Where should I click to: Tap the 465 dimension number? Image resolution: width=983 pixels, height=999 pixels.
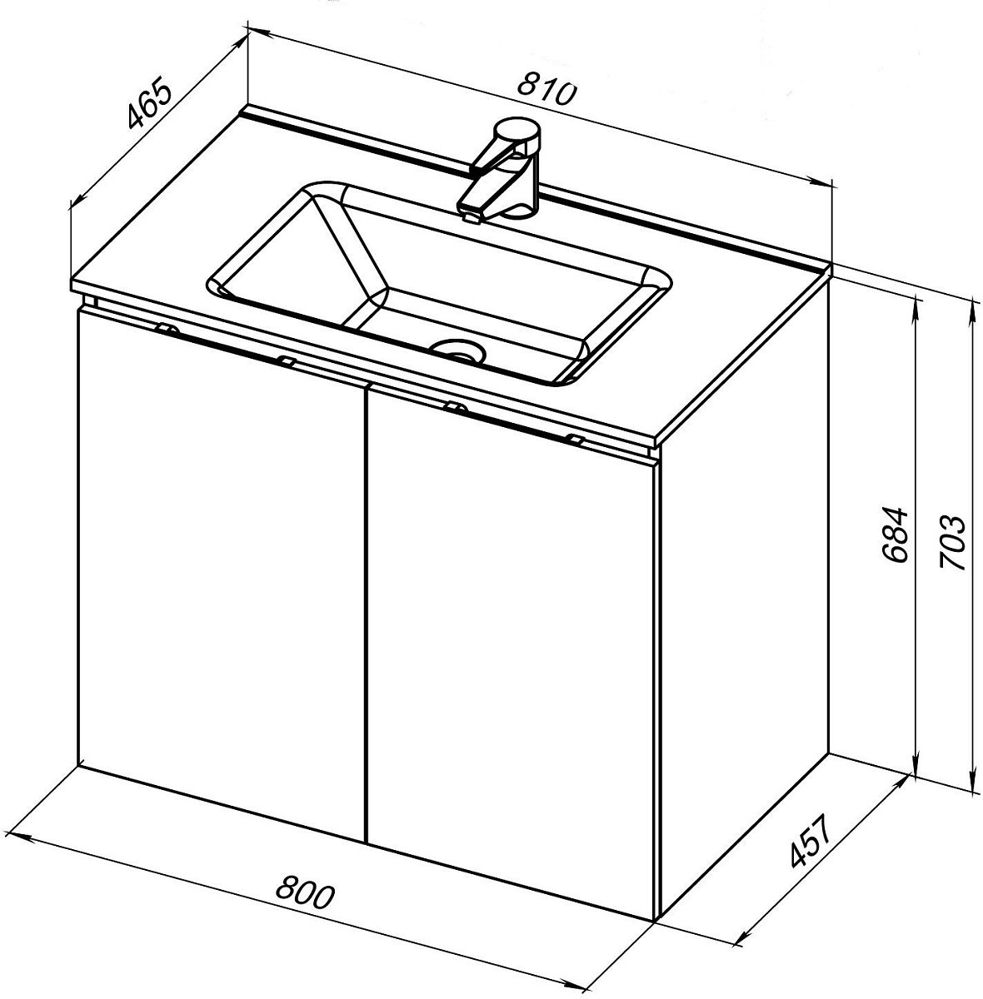click(148, 102)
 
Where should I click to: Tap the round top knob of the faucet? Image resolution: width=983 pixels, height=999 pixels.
click(517, 132)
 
